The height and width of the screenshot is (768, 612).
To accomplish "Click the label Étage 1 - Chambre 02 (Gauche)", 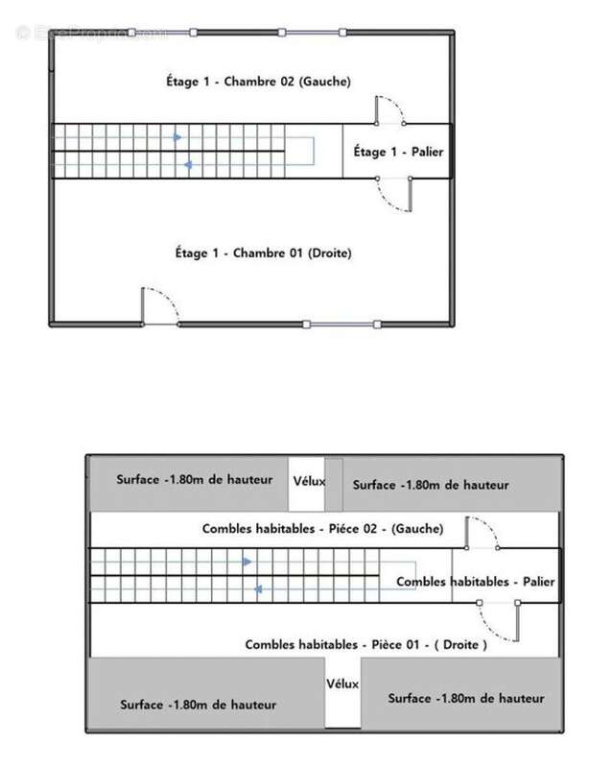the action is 258,82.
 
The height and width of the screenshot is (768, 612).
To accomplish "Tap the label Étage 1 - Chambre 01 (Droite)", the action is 264,252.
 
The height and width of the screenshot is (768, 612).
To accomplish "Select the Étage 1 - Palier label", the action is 398,152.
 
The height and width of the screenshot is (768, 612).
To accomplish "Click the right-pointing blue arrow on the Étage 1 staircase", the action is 177,137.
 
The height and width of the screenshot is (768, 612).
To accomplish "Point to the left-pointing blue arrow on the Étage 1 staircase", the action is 187,165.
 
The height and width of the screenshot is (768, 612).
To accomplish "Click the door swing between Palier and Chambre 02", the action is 390,110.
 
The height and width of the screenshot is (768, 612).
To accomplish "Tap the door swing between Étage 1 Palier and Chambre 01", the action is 394,195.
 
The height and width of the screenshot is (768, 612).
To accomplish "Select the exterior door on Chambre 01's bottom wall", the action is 160,306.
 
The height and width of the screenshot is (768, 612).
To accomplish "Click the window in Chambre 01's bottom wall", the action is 341,324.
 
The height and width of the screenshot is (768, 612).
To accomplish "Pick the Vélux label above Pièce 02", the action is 309,482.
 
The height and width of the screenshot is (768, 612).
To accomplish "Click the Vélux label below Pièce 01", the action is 342,684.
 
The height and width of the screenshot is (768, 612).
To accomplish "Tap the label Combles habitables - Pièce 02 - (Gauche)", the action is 322,529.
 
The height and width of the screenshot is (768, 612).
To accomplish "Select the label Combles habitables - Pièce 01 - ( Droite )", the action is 365,644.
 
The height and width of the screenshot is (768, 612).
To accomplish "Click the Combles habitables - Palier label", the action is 476,582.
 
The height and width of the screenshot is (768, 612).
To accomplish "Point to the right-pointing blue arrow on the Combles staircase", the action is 247,562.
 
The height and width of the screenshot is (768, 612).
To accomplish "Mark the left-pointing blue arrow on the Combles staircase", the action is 258,589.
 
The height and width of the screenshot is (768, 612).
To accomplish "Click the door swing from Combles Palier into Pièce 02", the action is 483,533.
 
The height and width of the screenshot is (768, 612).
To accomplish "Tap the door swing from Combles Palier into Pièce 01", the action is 500,621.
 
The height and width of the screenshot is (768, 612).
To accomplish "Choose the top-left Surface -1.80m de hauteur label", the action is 195,479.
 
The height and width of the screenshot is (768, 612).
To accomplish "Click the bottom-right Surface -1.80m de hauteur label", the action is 466,699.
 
